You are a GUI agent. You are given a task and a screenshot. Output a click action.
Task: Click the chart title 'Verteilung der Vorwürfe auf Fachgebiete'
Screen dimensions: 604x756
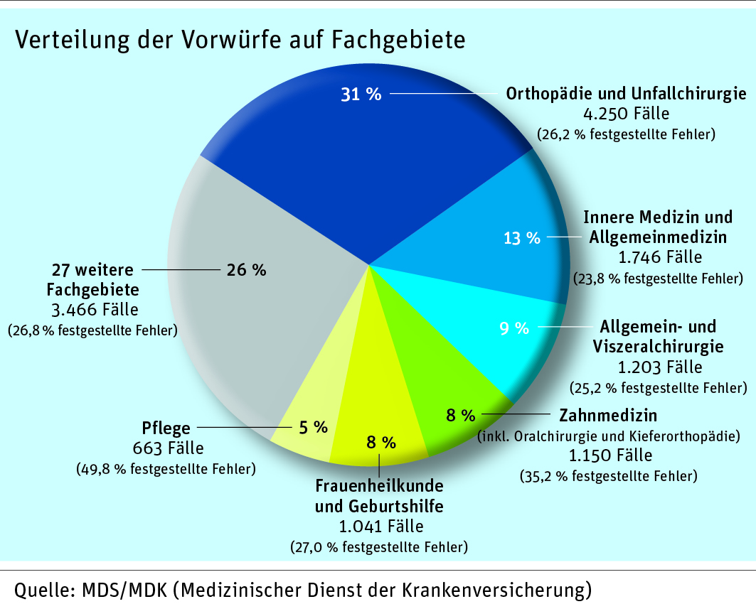(x=240, y=40)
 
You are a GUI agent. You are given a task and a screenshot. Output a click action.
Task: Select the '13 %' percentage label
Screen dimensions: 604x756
(x=522, y=239)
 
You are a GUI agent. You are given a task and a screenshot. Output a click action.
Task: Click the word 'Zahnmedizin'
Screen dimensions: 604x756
(x=608, y=415)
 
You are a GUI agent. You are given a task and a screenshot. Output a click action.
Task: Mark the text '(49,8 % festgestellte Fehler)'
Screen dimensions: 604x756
(x=166, y=469)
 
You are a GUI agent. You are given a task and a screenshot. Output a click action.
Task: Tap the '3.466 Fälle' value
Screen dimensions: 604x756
(x=95, y=310)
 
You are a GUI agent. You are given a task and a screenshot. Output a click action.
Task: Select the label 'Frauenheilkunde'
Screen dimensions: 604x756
(x=379, y=487)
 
